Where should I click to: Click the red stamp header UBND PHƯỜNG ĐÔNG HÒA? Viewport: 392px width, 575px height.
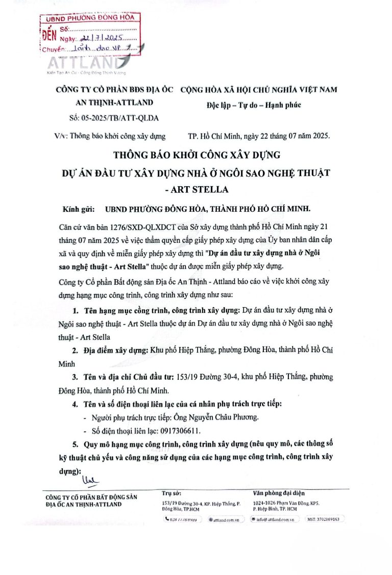tap(90, 18)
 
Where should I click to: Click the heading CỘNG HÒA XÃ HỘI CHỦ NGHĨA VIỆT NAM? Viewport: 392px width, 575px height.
tap(259, 89)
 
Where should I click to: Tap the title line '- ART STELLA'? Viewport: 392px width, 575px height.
tap(196, 189)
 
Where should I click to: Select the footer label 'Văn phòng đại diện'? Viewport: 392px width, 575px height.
tap(279, 493)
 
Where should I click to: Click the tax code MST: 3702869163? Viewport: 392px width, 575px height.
tap(325, 519)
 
